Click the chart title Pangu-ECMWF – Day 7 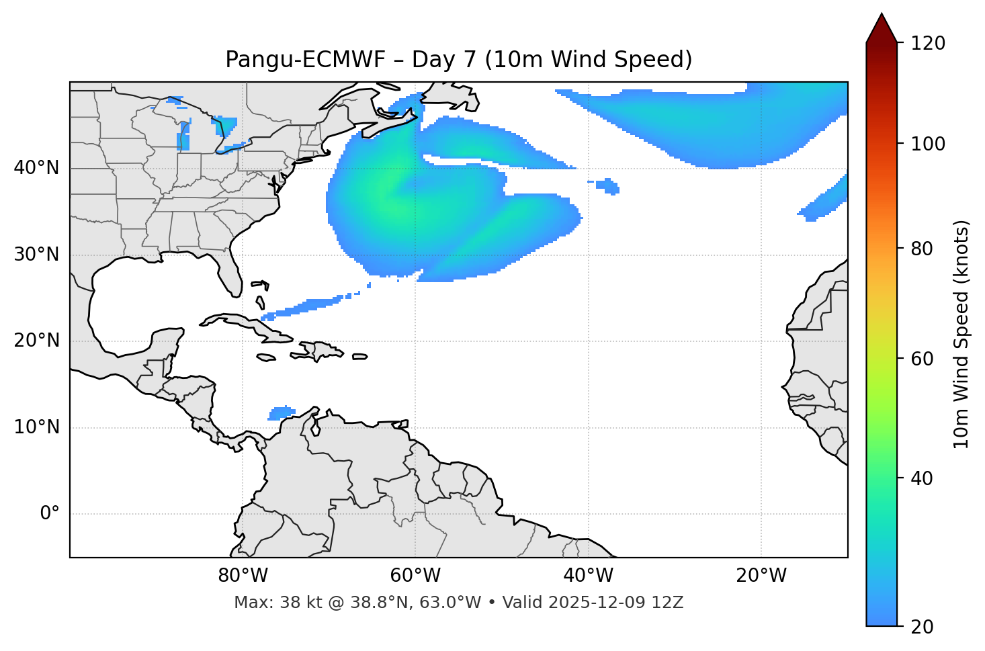[x=458, y=60]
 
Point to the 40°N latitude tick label [x=36, y=168]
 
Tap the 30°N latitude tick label [x=36, y=255]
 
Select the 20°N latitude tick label [x=36, y=341]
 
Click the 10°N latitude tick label [x=36, y=427]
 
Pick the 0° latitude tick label [x=50, y=514]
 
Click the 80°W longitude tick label [x=243, y=576]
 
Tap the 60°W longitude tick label [x=415, y=576]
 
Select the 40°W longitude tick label [x=589, y=576]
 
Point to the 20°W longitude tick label [x=761, y=576]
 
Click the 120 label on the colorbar [x=929, y=44]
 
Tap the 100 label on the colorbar [x=929, y=144]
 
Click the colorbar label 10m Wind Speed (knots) [x=961, y=334]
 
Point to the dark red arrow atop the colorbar [x=882, y=28]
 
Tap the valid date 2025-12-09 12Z [x=615, y=603]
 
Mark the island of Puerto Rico [x=360, y=357]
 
